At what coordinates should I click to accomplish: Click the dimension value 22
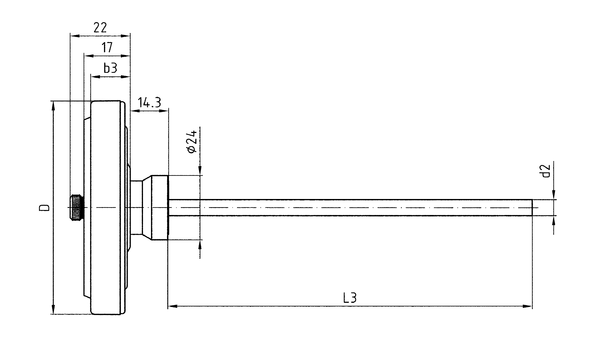(x=100, y=28)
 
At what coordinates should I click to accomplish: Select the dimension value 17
(x=107, y=48)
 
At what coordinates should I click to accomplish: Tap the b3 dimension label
(x=110, y=68)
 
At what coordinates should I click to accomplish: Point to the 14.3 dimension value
(x=149, y=102)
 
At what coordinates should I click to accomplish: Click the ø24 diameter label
(x=192, y=141)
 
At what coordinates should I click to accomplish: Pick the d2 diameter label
(x=545, y=171)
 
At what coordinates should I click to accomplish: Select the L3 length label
(x=350, y=298)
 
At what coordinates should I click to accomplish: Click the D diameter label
(x=45, y=207)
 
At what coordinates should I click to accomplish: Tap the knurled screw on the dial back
(x=77, y=207)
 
